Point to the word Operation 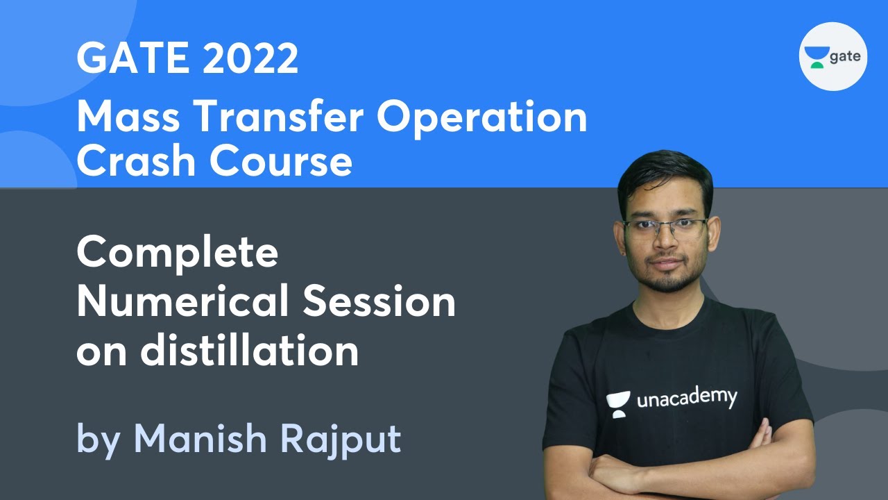pos(482,118)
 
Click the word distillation pos(250,351)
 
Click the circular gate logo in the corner pos(833,56)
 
